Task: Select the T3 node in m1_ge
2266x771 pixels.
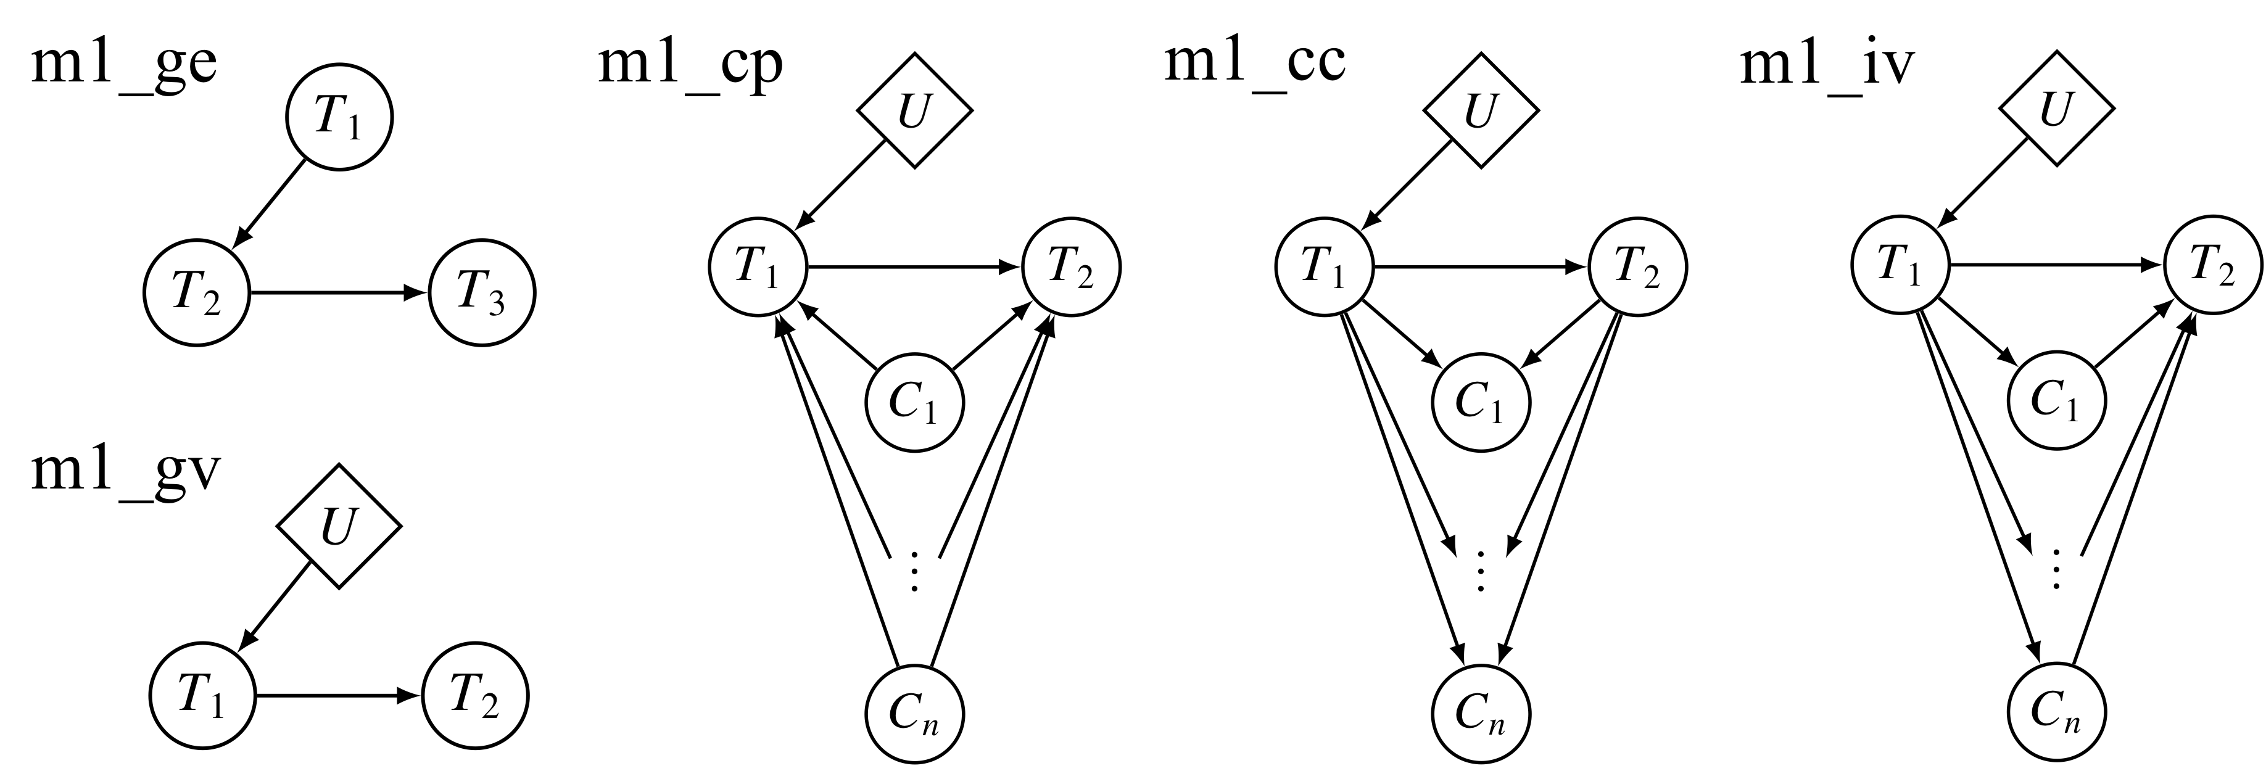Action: (x=481, y=293)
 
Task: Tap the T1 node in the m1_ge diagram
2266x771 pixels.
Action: (x=339, y=118)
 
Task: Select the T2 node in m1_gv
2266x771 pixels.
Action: (x=475, y=696)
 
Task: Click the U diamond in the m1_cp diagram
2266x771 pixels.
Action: (x=915, y=112)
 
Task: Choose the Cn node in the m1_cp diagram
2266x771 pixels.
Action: (x=915, y=712)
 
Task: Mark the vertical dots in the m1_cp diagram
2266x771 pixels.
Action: (x=915, y=571)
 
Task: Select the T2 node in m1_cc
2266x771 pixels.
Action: (x=1638, y=266)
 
